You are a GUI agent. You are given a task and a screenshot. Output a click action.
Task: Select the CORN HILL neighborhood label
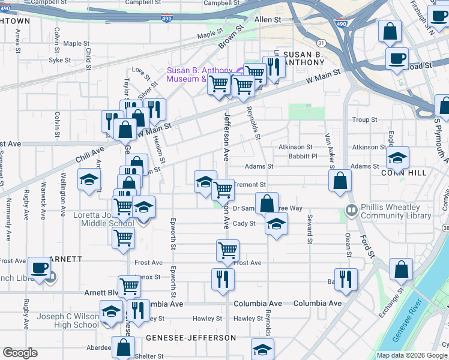click(403, 173)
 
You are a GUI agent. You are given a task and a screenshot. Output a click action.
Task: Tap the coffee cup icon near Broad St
click(396, 59)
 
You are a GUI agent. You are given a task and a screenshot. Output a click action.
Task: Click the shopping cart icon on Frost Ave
click(228, 250)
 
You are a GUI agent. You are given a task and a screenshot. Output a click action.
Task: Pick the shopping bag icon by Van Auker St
click(340, 180)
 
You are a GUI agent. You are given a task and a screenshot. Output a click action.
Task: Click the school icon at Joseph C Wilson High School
click(111, 312)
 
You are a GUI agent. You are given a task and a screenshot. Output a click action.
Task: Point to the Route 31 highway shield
click(322, 43)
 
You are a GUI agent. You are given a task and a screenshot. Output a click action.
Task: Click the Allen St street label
click(268, 20)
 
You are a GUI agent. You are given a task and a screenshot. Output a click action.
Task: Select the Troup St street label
click(364, 120)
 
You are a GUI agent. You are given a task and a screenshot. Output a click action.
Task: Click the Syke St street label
click(60, 61)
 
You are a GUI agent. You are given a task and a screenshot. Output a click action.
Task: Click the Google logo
click(20, 352)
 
